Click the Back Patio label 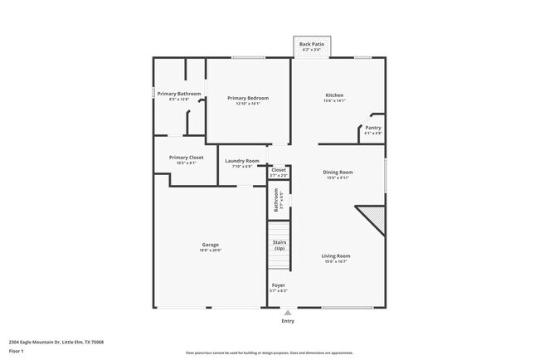tap(312, 43)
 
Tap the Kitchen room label tap(333, 95)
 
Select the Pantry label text tap(373, 127)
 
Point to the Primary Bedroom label tap(248, 98)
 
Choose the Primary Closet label tap(186, 157)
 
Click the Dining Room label tap(338, 172)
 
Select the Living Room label tap(336, 255)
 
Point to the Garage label tap(211, 244)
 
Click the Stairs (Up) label tap(279, 246)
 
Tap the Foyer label tap(279, 285)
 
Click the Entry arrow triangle tap(288, 313)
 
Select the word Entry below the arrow tap(288, 320)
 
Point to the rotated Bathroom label tap(277, 200)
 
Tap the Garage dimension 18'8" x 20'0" tap(211, 250)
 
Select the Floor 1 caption tap(17, 351)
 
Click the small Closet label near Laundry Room tap(279, 170)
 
